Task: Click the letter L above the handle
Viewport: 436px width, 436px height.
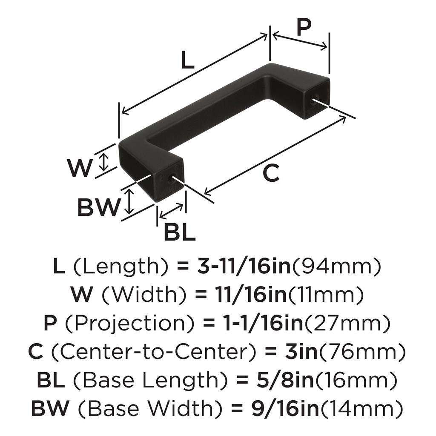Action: pos(187,61)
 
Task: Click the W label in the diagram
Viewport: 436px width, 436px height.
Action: pos(80,168)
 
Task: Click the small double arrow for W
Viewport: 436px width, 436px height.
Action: pos(104,161)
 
